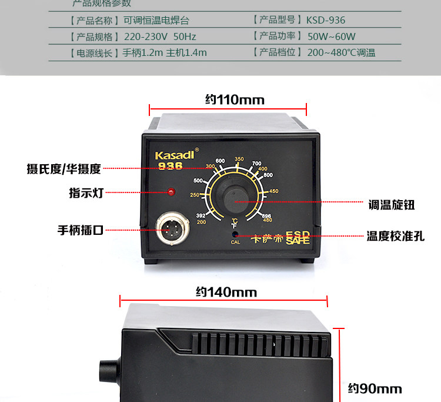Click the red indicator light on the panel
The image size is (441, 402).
(x=172, y=192)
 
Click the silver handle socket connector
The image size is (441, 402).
(x=169, y=228)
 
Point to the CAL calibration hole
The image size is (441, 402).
(x=235, y=234)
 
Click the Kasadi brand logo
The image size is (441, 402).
(x=174, y=155)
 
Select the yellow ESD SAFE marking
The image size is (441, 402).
(x=298, y=237)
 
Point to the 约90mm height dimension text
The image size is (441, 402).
(x=375, y=388)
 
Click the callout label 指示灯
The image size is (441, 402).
(x=86, y=192)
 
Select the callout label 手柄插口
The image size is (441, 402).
(x=80, y=230)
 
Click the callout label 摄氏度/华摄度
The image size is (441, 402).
(x=64, y=169)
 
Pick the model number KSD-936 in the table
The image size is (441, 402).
(x=325, y=20)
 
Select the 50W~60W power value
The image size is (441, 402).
(x=332, y=36)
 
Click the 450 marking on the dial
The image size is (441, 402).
(x=273, y=191)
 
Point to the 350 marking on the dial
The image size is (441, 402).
(x=239, y=159)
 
